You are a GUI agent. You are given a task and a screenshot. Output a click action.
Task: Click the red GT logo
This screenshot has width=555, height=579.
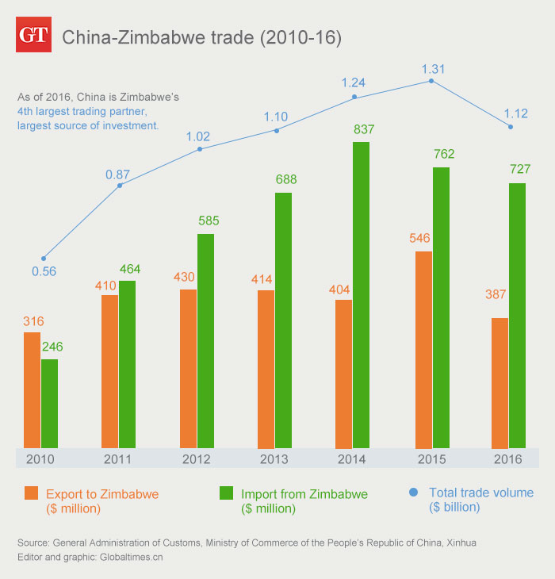[34, 36]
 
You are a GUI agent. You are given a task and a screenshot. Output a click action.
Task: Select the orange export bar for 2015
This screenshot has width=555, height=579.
[423, 349]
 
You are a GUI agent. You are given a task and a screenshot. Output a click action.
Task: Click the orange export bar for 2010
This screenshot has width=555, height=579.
[32, 389]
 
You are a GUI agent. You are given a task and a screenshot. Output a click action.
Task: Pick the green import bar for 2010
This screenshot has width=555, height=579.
[49, 403]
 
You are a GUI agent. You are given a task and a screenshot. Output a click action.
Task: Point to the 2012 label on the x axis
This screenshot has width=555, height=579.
[195, 458]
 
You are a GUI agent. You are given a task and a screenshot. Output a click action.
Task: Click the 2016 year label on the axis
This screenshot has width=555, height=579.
[508, 458]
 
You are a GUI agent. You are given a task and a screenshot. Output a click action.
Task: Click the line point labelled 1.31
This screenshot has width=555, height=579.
[431, 80]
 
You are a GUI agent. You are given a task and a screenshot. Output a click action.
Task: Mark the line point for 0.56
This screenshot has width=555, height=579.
[44, 258]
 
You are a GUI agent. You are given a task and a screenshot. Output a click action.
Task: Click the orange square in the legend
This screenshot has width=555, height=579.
[30, 493]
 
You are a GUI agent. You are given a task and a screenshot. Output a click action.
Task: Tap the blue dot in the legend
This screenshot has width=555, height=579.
[412, 493]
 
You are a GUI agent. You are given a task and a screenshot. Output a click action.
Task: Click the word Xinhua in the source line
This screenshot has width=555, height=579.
[461, 543]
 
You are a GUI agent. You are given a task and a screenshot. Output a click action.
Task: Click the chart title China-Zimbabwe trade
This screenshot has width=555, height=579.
[201, 37]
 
